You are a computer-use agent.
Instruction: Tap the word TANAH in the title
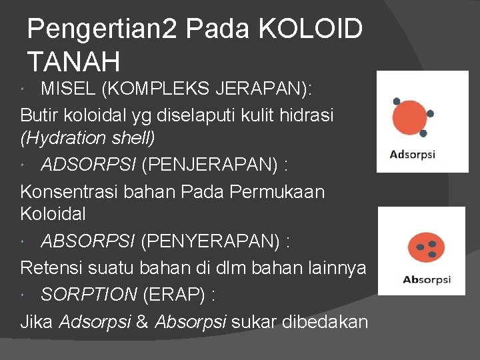(73, 62)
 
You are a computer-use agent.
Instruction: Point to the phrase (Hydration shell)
(87, 138)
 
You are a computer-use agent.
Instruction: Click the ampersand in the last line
(142, 322)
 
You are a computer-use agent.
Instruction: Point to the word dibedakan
(325, 322)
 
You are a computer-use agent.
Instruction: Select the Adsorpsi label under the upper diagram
(413, 155)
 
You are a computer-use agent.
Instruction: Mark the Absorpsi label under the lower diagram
(427, 279)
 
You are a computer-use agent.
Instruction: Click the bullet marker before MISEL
(25, 89)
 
